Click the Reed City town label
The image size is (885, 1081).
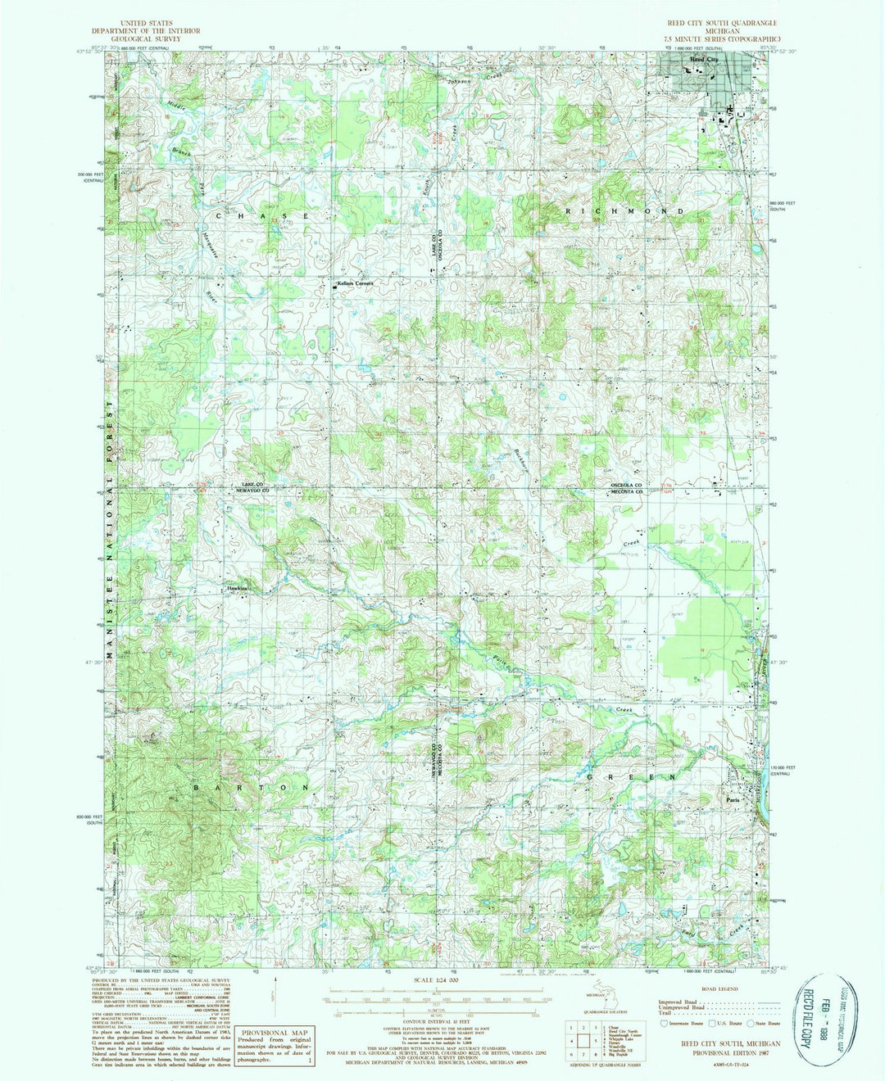coord(703,61)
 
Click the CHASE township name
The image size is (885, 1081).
coord(262,215)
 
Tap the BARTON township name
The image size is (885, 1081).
coord(252,786)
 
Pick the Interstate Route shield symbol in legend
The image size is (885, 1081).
coord(663,1023)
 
